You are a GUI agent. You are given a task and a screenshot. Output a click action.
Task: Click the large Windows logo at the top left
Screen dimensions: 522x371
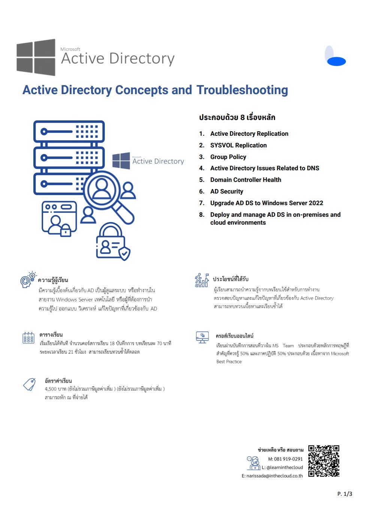coord(36,57)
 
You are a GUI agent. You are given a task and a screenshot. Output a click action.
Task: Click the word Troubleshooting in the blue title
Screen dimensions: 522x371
coord(242,90)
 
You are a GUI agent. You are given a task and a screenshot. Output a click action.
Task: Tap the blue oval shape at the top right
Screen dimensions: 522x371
coord(336,61)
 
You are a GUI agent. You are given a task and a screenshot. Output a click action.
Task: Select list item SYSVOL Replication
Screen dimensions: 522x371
coord(238,145)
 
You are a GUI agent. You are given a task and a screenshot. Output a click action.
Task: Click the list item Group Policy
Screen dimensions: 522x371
coord(228,157)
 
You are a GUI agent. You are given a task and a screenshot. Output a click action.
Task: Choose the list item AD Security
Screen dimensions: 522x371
coord(226,191)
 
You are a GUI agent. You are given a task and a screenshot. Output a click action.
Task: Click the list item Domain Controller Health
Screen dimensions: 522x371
coord(245,180)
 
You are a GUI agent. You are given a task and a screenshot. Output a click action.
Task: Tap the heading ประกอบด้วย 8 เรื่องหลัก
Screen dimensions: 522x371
coord(237,117)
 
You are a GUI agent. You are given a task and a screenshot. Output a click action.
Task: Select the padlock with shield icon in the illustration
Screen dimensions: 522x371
coord(112,243)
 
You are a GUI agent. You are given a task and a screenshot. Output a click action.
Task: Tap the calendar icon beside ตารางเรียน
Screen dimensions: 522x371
coord(28,338)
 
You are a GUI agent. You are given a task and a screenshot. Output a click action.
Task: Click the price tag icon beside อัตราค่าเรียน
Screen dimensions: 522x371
coord(29,384)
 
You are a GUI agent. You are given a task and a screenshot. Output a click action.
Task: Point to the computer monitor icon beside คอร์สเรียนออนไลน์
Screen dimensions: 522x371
coord(202,337)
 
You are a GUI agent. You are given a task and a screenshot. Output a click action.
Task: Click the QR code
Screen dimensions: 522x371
coord(324,461)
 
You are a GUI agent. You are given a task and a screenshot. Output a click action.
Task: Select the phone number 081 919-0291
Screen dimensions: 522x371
coord(288,459)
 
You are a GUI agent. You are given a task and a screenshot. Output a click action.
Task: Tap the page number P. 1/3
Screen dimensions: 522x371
coord(344,494)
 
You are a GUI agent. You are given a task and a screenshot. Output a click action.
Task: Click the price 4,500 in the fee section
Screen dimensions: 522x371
coord(51,389)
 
